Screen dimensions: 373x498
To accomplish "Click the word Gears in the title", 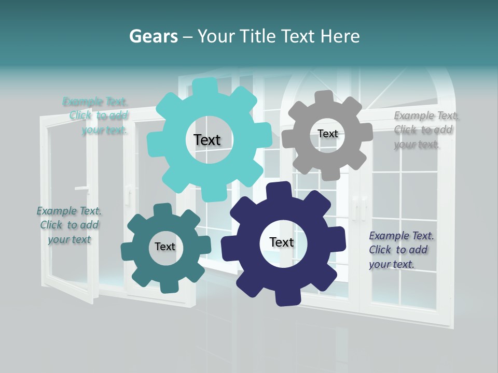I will pyautogui.click(x=153, y=37).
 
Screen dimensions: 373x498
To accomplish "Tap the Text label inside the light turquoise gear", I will pyautogui.click(x=207, y=140).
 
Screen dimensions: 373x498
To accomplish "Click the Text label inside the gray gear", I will pyautogui.click(x=327, y=134).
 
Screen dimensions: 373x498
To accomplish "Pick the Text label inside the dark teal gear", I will pyautogui.click(x=165, y=247).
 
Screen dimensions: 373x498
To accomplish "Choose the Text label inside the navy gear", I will pyautogui.click(x=282, y=242).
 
